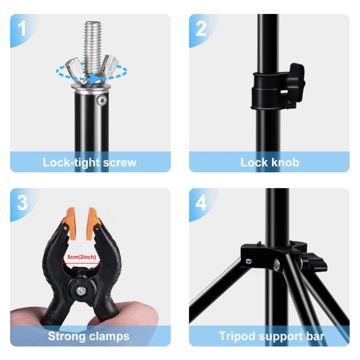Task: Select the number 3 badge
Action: point(22,203)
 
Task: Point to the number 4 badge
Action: point(201,203)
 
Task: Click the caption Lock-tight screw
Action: point(90,162)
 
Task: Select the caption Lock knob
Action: point(269,162)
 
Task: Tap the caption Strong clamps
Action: point(88,336)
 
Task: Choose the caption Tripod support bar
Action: point(272,336)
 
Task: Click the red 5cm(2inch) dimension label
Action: point(82,257)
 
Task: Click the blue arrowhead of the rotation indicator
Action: point(100,77)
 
